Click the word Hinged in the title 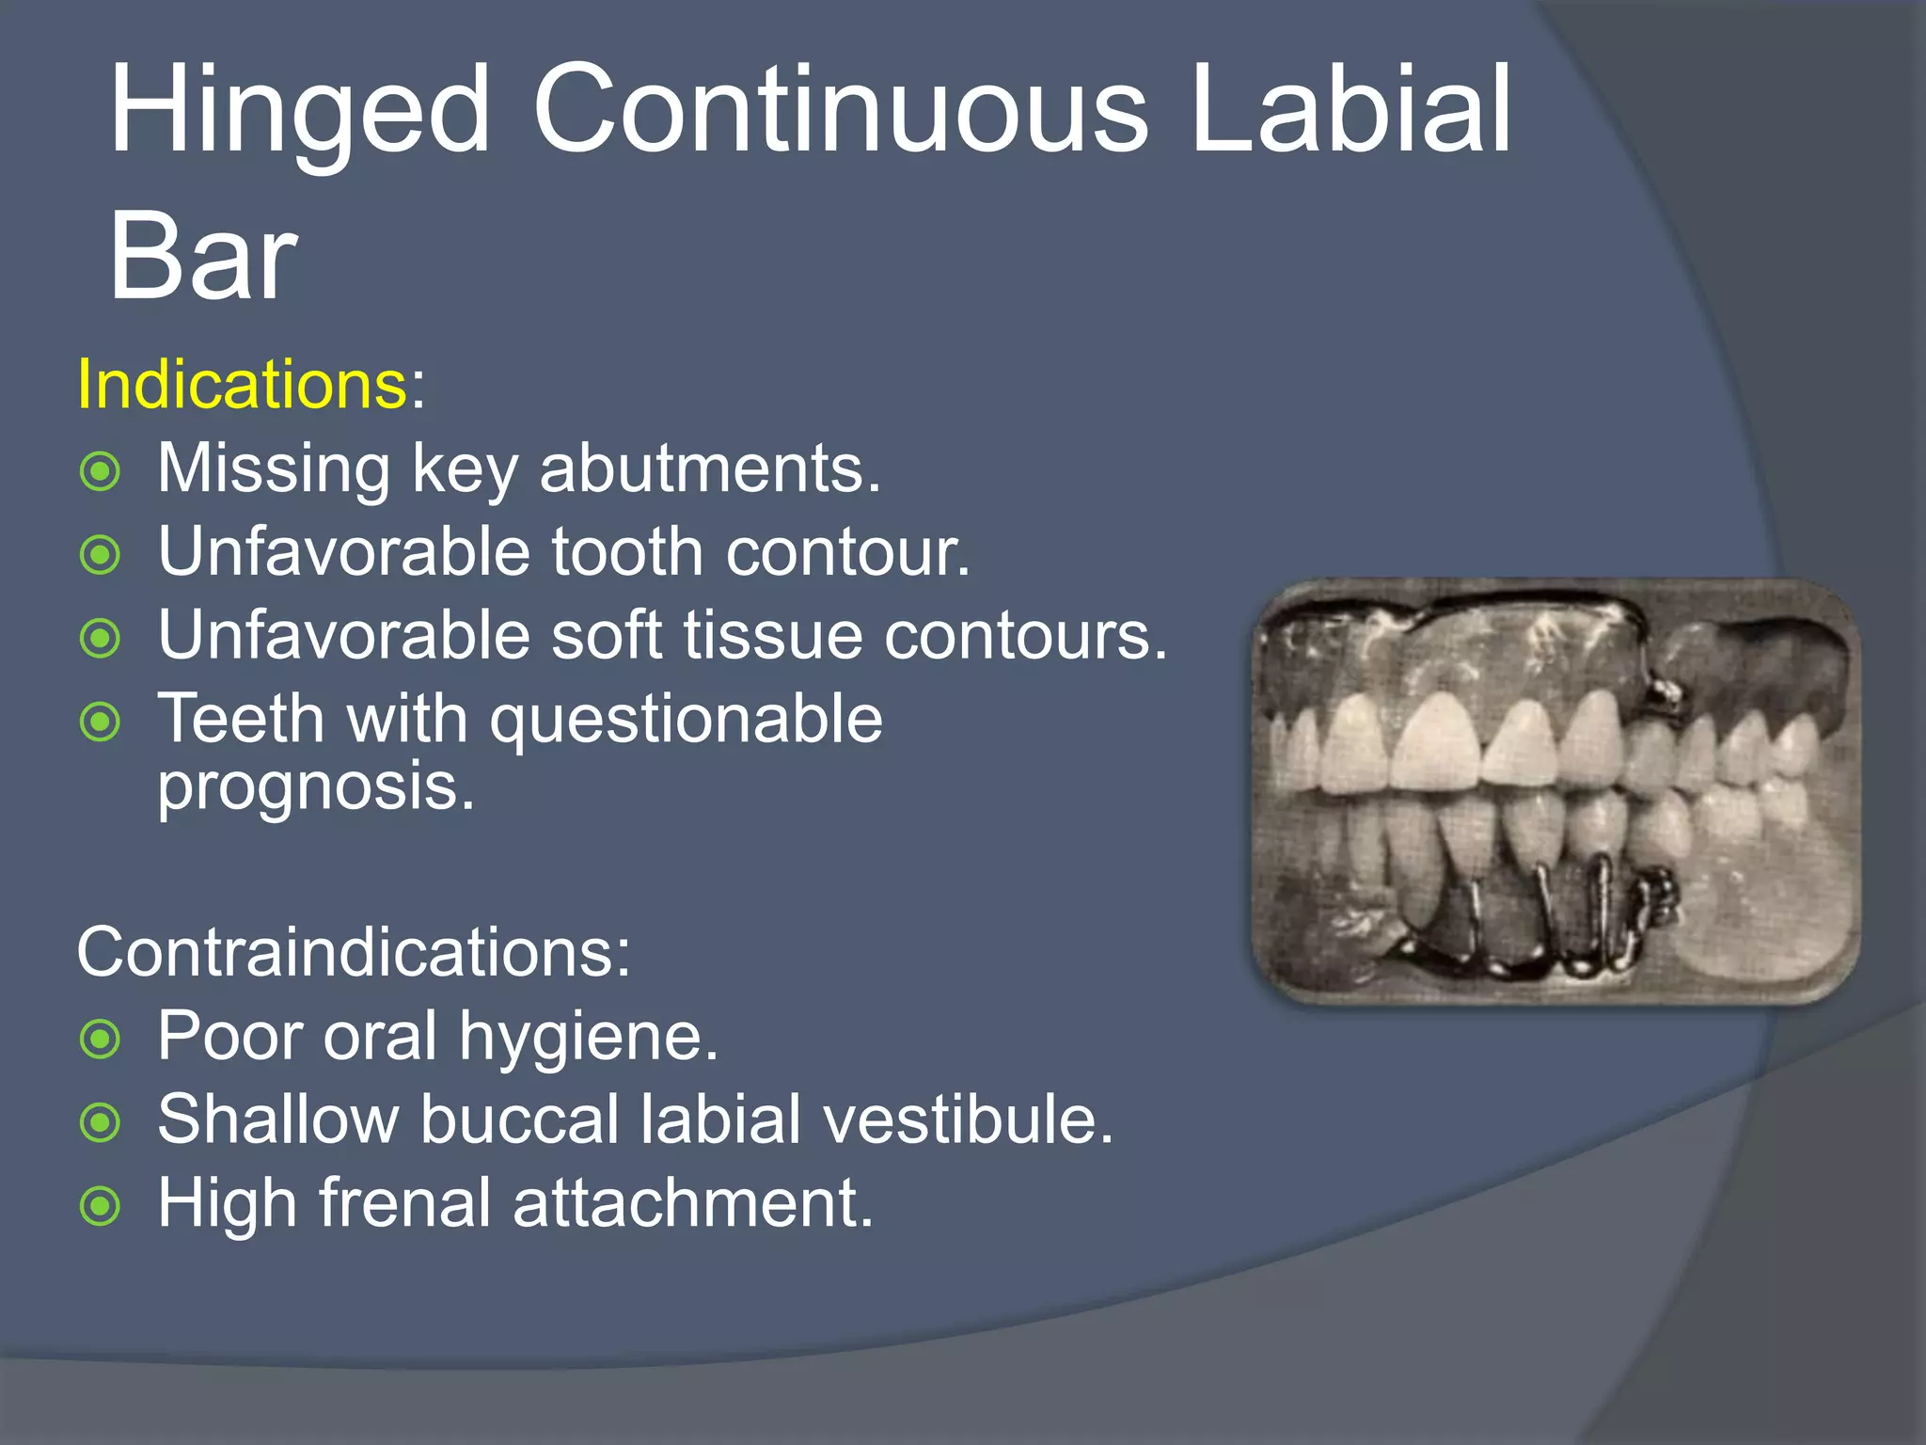coord(299,111)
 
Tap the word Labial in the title coord(1350,111)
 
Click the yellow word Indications coord(242,385)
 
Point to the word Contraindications coord(353,953)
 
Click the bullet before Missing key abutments coord(101,471)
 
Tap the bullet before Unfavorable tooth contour coord(101,555)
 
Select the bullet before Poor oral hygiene coord(101,1040)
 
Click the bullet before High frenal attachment coord(101,1206)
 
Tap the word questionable coord(687,721)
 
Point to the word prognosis coord(315,787)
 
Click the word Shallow coord(278,1119)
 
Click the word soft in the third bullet coord(606,635)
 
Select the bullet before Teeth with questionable coord(101,722)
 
